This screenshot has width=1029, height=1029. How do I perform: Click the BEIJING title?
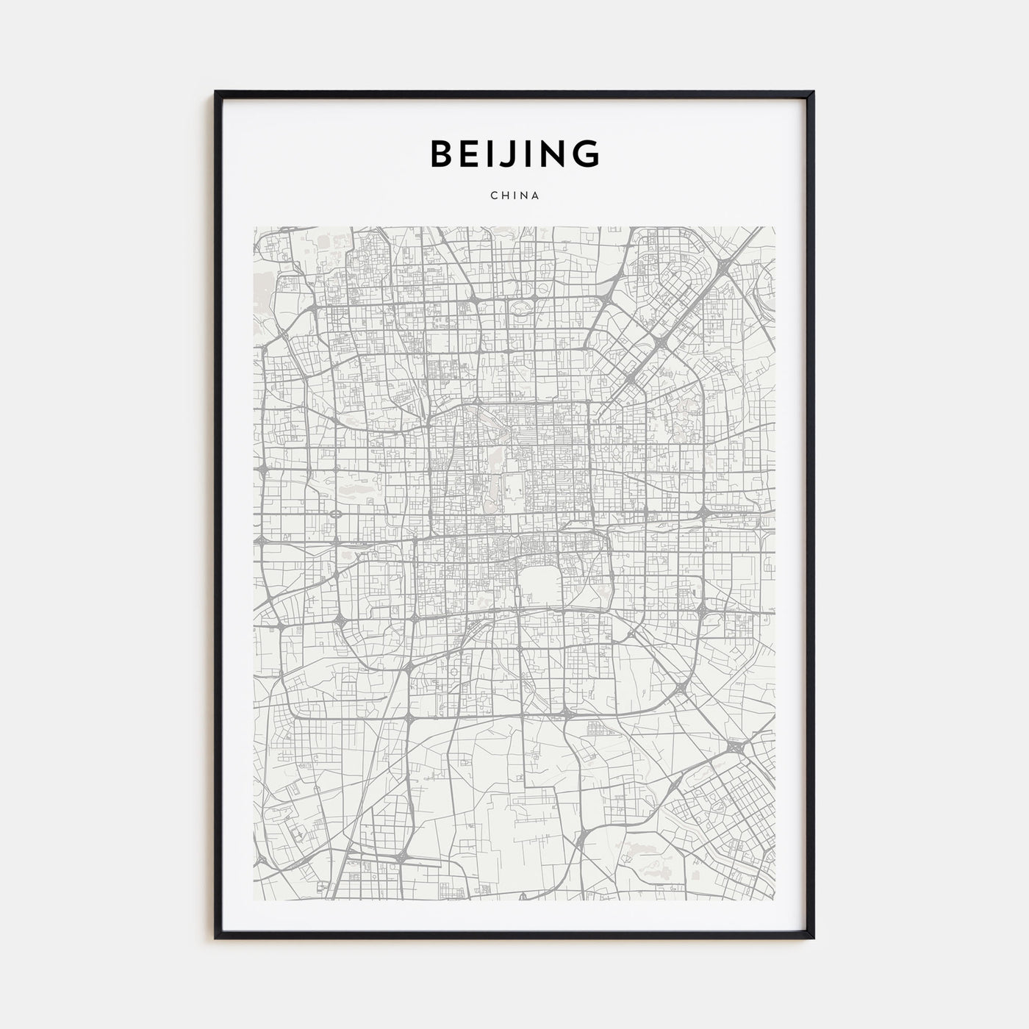point(514,154)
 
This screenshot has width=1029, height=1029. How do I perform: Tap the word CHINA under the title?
point(514,196)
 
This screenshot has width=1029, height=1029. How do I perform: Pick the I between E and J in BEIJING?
point(498,154)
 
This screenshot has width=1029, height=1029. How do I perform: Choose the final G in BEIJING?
point(587,154)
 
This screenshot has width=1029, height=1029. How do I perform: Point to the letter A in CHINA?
point(537,196)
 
